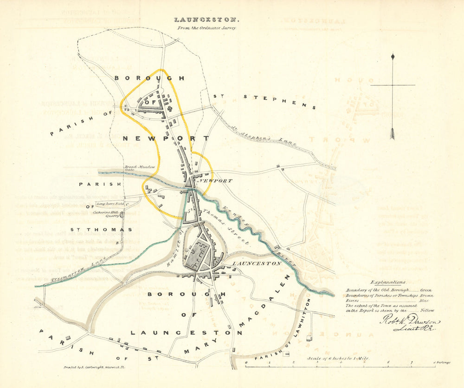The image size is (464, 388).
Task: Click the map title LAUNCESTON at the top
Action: pos(206,20)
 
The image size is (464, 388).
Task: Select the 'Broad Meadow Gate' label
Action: pos(132,168)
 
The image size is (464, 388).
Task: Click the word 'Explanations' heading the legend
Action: pos(388,282)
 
